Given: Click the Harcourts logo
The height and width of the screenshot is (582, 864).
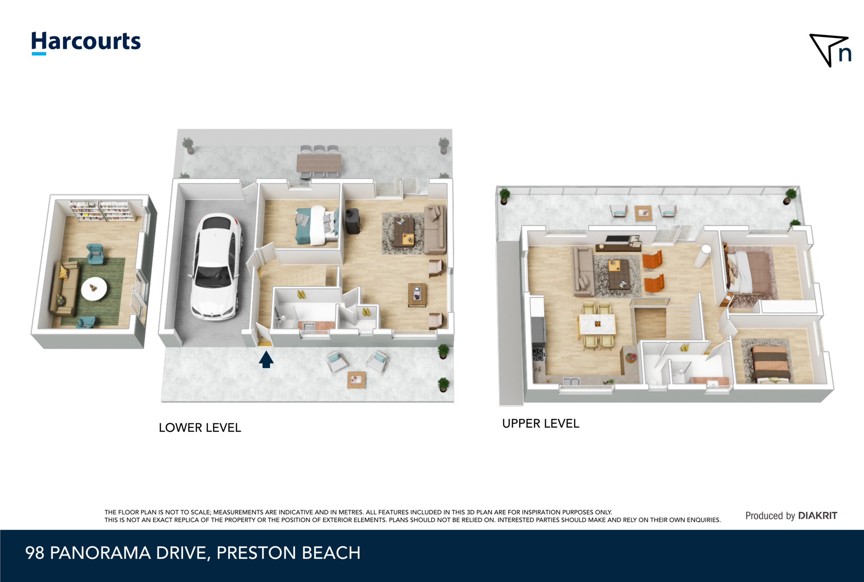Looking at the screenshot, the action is (x=86, y=43).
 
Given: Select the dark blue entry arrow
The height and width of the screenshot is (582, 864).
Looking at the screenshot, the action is (x=266, y=360).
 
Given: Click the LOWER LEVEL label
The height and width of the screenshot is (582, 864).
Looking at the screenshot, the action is (x=200, y=428).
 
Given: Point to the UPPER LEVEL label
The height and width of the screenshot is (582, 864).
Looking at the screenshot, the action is (x=541, y=423).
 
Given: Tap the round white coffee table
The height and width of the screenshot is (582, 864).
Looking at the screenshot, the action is (x=94, y=289).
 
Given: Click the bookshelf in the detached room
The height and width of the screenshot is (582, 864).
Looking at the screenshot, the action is (x=103, y=210).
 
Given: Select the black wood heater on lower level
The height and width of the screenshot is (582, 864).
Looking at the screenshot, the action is (x=353, y=221).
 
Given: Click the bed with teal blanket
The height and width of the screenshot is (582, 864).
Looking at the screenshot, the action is (x=317, y=226).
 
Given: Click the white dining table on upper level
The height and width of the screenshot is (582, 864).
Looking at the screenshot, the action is (x=597, y=324).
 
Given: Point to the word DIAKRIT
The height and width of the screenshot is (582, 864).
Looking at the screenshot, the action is (x=818, y=515).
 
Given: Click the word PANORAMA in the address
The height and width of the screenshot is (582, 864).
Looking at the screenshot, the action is (x=100, y=553).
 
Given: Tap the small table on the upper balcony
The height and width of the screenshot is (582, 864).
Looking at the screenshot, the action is (x=643, y=213).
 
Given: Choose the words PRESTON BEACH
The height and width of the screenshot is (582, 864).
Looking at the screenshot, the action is (x=289, y=553).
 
